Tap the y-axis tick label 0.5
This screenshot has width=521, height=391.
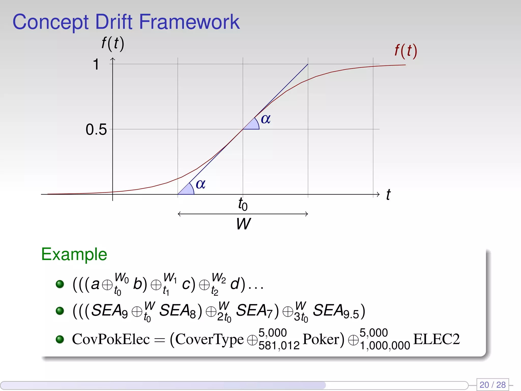pyautogui.click(x=96, y=129)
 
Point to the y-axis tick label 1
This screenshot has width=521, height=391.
pyautogui.click(x=96, y=64)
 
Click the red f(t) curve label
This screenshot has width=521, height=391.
pyautogui.click(x=406, y=51)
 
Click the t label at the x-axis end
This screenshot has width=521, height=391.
pyautogui.click(x=388, y=195)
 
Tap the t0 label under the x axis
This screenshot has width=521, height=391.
pyautogui.click(x=243, y=204)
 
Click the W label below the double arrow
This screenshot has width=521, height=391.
pyautogui.click(x=243, y=224)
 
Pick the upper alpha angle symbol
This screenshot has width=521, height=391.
pyautogui.click(x=266, y=119)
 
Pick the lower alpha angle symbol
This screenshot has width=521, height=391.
pyautogui.click(x=200, y=184)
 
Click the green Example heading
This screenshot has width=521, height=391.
pyautogui.click(x=74, y=254)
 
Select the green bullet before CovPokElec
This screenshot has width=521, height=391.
pyautogui.click(x=60, y=339)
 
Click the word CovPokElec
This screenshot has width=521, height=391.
pyautogui.click(x=111, y=339)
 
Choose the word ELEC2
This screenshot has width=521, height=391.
pyautogui.click(x=437, y=339)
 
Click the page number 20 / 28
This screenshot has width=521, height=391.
pyautogui.click(x=493, y=385)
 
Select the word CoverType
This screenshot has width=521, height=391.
pyautogui.click(x=210, y=340)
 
